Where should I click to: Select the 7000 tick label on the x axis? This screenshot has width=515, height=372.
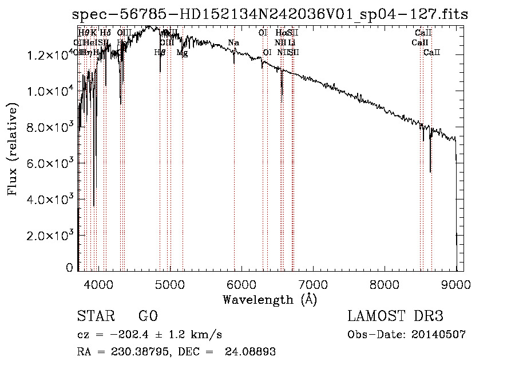(312, 283)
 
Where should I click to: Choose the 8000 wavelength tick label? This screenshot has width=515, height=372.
(385, 283)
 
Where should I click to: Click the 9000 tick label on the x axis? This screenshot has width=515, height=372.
(456, 283)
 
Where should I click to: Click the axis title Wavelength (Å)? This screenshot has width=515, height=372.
(270, 299)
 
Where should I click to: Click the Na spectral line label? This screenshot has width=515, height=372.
(233, 43)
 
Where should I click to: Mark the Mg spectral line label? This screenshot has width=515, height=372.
(182, 53)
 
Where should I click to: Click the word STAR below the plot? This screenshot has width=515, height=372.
(94, 316)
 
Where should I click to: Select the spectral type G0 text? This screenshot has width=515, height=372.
(148, 316)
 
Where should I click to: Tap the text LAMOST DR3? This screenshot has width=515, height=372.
(395, 316)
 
